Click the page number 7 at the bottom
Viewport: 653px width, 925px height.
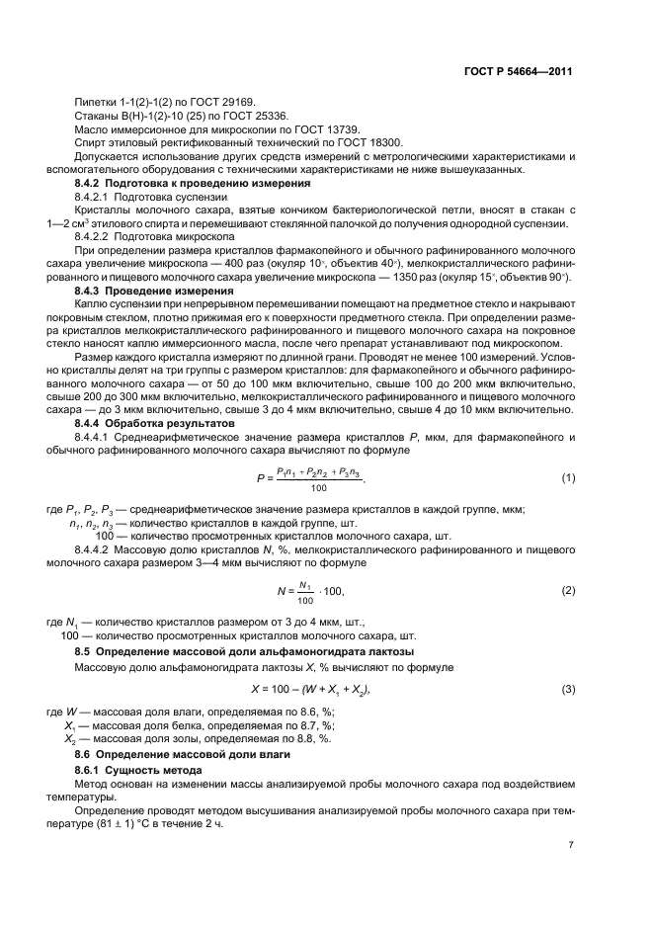[571, 846]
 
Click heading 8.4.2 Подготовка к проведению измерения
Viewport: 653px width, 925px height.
[193, 184]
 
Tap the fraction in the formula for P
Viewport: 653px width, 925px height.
[319, 479]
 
